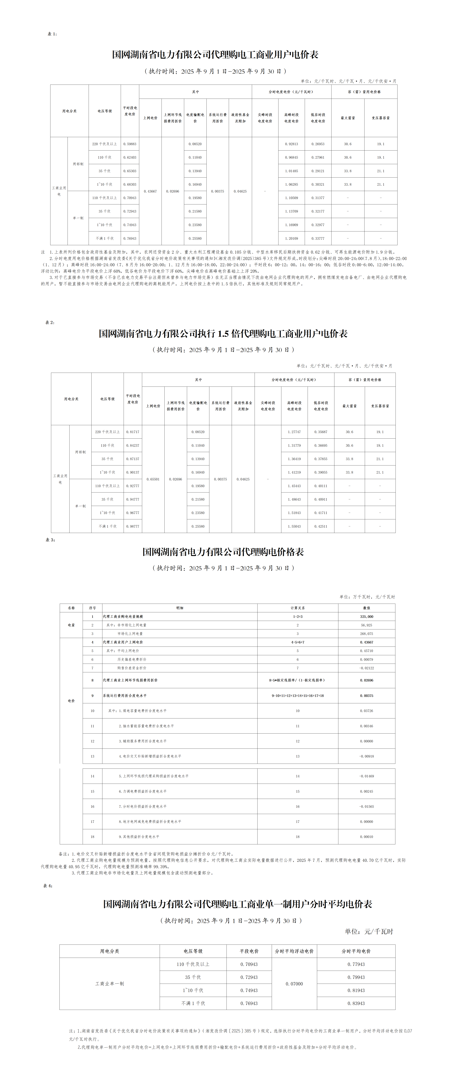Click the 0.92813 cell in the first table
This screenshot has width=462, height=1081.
coord(291,144)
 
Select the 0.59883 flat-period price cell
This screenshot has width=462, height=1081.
coord(130,144)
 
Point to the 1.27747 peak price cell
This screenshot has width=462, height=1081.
coord(294,432)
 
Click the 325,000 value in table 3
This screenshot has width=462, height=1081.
coord(366,616)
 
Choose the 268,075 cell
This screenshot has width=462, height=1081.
coord(366,634)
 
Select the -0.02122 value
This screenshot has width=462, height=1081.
coord(366,668)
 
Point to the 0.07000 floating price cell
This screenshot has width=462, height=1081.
coord(294,984)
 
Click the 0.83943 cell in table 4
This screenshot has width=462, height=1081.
coord(356,1003)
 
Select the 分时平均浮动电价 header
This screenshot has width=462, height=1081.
coord(294,951)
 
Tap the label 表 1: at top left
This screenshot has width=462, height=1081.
coord(52,34)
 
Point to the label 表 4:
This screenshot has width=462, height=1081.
coord(48,886)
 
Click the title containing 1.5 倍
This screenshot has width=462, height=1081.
coord(223,334)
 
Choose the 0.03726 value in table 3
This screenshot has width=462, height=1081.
coord(366,711)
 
